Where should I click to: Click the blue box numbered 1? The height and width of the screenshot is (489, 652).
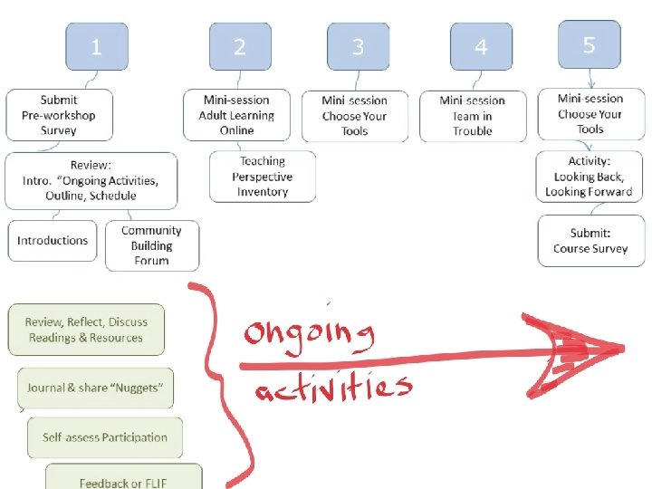(96, 47)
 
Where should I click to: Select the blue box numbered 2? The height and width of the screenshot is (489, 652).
(240, 47)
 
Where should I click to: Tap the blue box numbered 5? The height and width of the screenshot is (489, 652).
(590, 44)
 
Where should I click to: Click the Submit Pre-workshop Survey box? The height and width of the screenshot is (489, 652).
(60, 115)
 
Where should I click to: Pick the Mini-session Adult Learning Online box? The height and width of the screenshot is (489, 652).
(237, 115)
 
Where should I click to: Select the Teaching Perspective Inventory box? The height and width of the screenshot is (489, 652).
(263, 177)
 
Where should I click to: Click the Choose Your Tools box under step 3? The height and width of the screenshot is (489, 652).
(355, 116)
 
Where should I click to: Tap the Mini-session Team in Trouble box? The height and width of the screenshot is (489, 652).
(473, 116)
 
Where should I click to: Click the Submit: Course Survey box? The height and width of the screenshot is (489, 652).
(591, 241)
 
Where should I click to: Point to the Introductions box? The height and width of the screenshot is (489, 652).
(53, 241)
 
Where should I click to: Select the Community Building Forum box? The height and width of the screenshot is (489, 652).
(151, 245)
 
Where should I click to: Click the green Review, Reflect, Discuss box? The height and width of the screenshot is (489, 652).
(86, 330)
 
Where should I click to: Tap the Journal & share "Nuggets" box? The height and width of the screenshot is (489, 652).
(95, 388)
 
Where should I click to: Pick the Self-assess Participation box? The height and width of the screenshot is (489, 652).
(105, 437)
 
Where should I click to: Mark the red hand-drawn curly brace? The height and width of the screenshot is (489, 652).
(215, 380)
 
